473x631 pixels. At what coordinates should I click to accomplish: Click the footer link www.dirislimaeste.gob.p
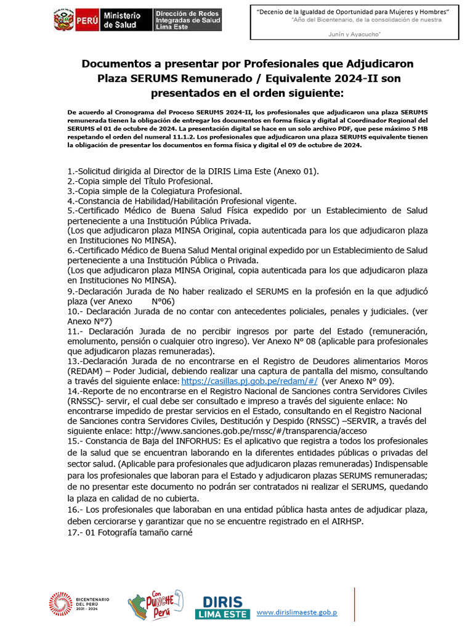[x=297, y=612]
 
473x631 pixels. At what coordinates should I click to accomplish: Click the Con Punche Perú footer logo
[x=155, y=605]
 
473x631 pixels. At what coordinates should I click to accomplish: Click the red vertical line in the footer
[x=354, y=604]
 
